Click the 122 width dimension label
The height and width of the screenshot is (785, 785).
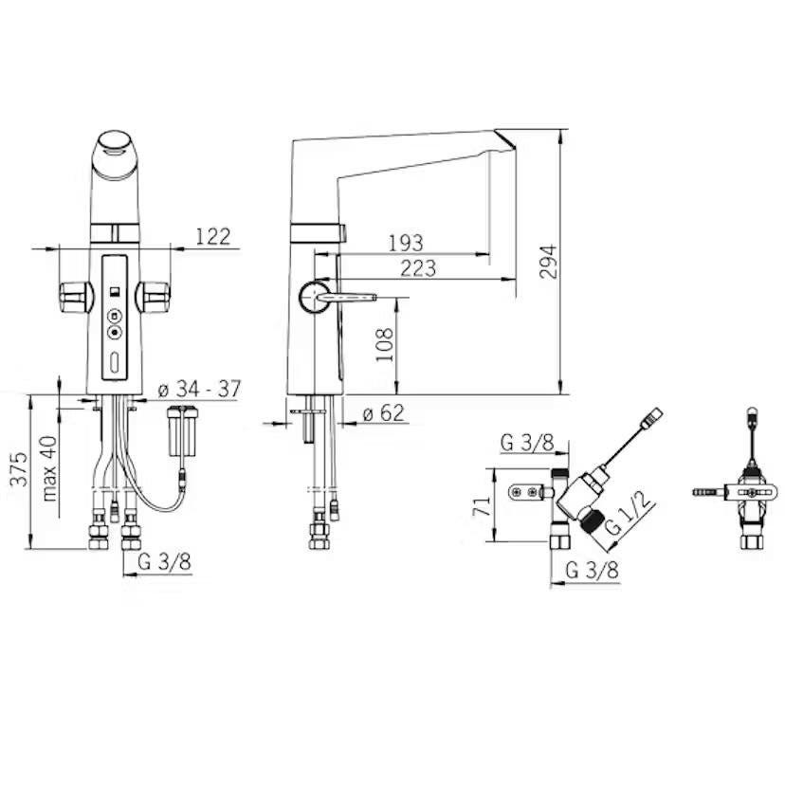pos(212,237)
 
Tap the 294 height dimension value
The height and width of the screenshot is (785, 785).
pos(548,262)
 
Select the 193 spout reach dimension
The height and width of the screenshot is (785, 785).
pos(406,244)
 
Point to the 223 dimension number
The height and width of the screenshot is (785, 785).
pos(418,268)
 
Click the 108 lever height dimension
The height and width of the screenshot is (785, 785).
pos(385,345)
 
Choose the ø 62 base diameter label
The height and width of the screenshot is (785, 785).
pos(383,413)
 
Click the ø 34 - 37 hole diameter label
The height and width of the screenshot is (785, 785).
pos(199,389)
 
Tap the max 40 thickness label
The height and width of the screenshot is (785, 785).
pos(50,468)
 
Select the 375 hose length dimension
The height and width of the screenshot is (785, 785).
pos(20,469)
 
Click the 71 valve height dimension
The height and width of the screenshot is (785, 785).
pos(483,506)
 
